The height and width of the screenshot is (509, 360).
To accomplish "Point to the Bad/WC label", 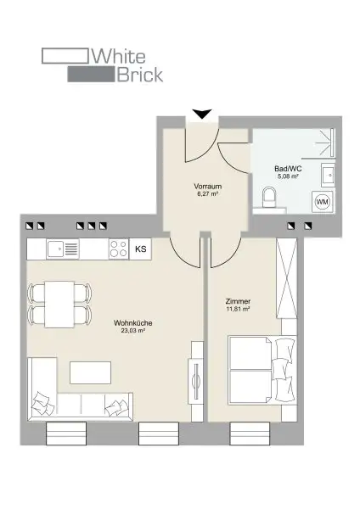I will tap(285, 169).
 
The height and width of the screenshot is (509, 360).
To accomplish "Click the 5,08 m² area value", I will tap(285, 178).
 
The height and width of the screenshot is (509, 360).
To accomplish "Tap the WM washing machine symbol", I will tap(322, 203).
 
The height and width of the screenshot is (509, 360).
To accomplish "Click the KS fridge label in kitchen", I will tap(140, 249).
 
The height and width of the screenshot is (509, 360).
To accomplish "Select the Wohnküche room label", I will tap(132, 322).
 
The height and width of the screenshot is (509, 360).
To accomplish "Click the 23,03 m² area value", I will tap(132, 332).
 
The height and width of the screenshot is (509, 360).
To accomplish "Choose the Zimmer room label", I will tap(239, 301).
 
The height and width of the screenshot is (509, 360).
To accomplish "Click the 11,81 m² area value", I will tap(239, 310).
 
